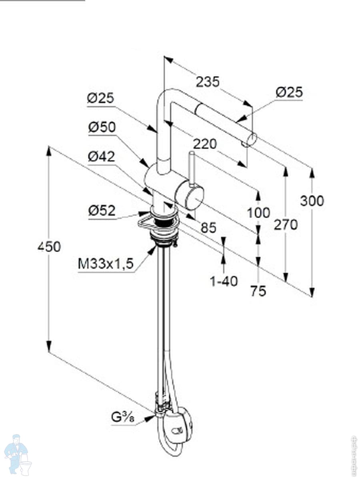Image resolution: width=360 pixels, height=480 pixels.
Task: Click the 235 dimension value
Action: point(208,82)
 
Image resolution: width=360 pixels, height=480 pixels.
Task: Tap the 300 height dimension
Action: point(312,201)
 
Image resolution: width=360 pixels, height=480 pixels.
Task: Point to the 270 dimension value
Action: point(286,225)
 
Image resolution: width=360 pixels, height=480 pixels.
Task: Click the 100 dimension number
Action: point(258,212)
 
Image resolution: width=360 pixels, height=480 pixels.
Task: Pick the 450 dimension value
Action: point(49,247)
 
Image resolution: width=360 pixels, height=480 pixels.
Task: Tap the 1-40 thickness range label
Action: point(224,282)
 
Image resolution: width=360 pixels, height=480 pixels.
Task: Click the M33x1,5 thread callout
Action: point(105,264)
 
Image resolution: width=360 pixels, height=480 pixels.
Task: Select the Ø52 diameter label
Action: point(102,210)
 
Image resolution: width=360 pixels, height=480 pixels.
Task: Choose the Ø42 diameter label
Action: point(101,156)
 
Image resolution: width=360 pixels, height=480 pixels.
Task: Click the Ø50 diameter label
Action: point(102,127)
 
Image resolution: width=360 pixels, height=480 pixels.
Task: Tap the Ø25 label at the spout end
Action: point(289,92)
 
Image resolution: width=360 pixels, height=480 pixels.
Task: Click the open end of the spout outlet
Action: point(252,140)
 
